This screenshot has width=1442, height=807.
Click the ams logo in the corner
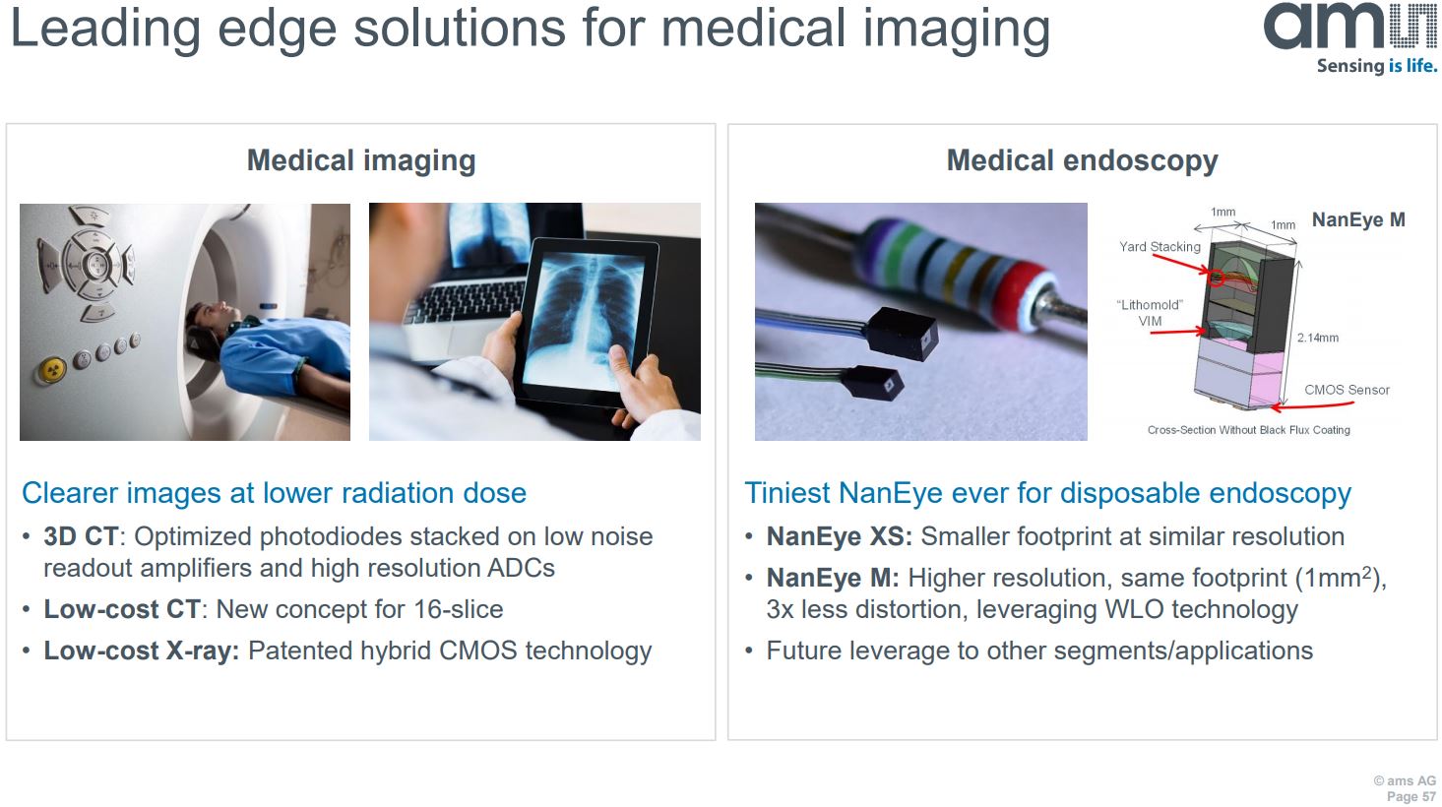click(1348, 27)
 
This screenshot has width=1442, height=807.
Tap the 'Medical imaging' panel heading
click(361, 160)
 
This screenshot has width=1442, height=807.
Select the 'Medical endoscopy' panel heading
click(1082, 160)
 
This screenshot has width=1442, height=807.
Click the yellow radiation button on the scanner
click(51, 370)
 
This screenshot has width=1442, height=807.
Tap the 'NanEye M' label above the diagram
click(1358, 220)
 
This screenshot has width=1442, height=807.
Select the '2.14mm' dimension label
click(1317, 338)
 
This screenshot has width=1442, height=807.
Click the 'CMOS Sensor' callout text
click(1347, 390)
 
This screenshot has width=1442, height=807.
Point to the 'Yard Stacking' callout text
click(1160, 247)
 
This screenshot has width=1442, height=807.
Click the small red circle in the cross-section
click(1217, 279)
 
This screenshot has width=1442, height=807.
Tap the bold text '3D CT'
click(81, 536)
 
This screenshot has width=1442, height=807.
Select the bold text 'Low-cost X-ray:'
click(142, 651)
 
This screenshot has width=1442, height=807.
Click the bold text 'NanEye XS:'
click(839, 536)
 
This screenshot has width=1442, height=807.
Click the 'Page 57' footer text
click(1411, 796)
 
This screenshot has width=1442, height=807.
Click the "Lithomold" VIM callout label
click(1150, 313)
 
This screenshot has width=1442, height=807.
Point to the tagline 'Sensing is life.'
click(1376, 66)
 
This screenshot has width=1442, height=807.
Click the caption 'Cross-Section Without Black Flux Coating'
click(1248, 430)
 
